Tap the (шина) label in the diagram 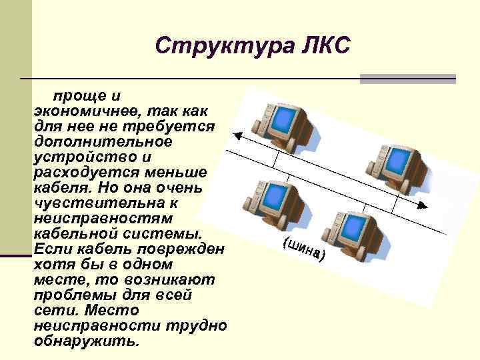tap(303, 249)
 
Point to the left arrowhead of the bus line tap(237, 135)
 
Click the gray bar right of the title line tap(407, 79)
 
